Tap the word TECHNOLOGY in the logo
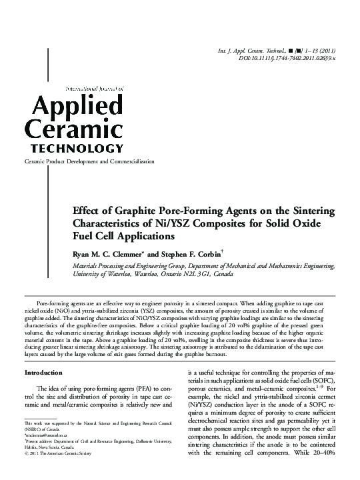click(73, 148)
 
